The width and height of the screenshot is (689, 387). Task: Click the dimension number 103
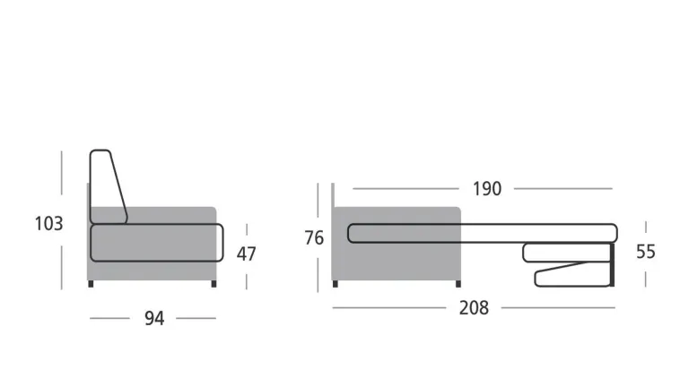coord(48,224)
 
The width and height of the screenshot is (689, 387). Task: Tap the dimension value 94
coord(154,319)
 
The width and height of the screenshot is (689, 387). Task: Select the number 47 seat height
coord(246,254)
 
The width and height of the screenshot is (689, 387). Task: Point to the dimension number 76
coord(314,237)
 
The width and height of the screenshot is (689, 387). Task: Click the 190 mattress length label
coord(487,189)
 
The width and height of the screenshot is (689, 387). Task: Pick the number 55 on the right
coord(646,252)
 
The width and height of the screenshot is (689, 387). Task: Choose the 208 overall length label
coord(474,308)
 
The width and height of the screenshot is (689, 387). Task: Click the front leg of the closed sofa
coord(214,284)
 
